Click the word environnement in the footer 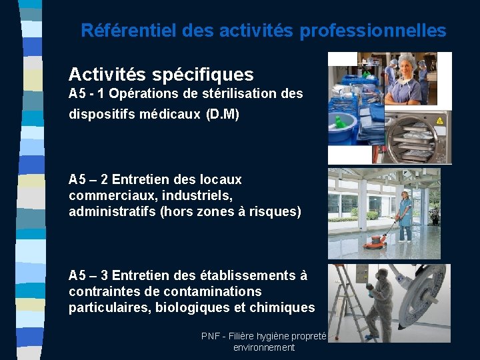coord(264,347)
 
